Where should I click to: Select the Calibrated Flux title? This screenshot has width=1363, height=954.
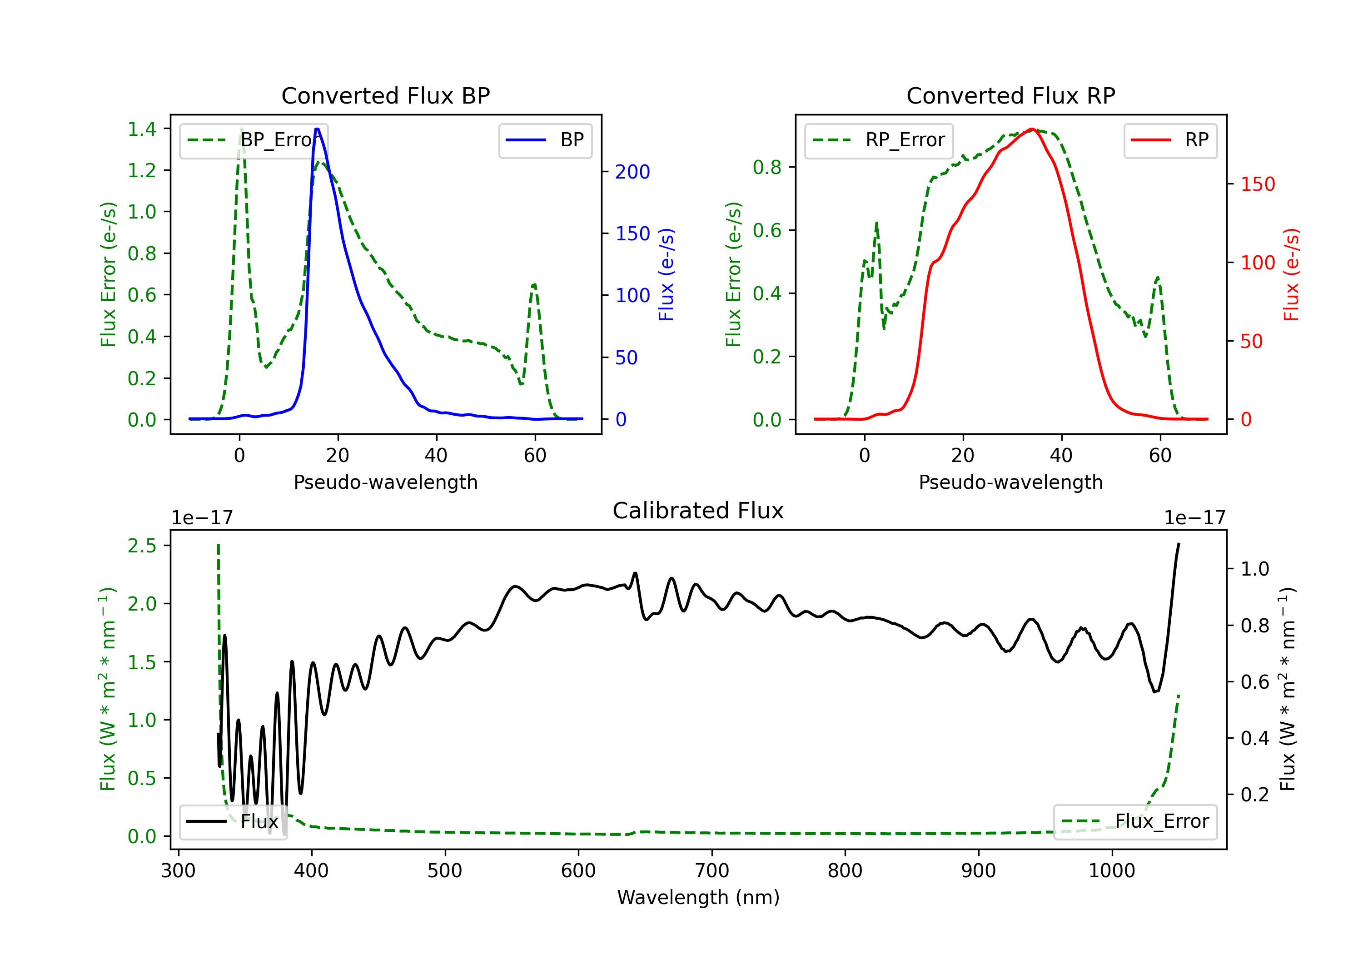(698, 511)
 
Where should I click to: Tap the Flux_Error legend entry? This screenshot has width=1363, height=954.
(1135, 822)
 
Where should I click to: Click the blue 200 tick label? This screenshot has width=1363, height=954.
(633, 172)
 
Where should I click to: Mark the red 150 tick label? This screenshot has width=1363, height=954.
(1258, 184)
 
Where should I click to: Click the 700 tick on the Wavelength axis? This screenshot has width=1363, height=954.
(712, 871)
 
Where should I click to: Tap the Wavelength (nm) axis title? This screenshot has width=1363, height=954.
(698, 898)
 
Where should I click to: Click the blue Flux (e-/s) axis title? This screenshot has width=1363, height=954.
(667, 275)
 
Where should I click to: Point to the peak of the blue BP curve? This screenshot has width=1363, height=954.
(318, 129)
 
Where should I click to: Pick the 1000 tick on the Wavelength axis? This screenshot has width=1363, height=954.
(1112, 871)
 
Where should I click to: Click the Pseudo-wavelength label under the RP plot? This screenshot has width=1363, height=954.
(1011, 482)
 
